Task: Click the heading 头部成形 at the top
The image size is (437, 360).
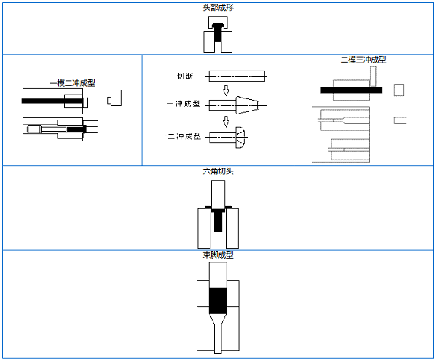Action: tap(218, 7)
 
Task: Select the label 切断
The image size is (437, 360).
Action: tap(185, 76)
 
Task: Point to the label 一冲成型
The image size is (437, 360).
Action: tap(183, 104)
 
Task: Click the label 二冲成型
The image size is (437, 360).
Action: tap(184, 136)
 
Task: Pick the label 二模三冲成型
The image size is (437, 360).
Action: tap(363, 60)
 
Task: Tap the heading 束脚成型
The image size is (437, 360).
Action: tap(218, 255)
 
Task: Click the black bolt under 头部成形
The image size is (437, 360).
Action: tap(218, 32)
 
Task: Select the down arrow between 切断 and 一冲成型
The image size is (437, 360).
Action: tap(227, 90)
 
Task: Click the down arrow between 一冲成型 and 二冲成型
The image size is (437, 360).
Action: tap(227, 121)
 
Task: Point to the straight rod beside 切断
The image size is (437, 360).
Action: tap(237, 75)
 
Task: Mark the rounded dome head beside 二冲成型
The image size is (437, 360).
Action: tap(241, 136)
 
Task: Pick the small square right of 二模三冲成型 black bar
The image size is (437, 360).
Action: tap(398, 90)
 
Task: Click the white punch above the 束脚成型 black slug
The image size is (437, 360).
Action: tap(218, 274)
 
